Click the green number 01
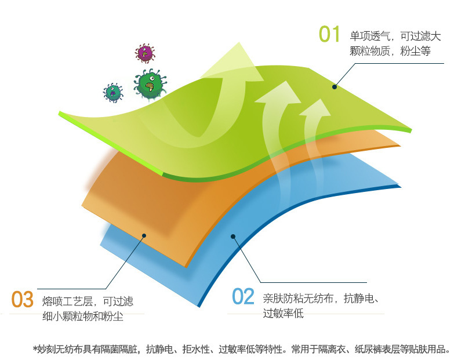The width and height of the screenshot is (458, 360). click(329, 34)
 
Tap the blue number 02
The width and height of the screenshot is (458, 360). click(243, 296)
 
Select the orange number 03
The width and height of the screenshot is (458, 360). click(23, 299)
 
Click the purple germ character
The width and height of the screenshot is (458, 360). click(145, 53)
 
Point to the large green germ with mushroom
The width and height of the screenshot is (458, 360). click(150, 84)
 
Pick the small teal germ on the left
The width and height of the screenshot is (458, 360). click(113, 93)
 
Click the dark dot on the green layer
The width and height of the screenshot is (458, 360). click(335, 87)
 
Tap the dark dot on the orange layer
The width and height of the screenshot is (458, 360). click(144, 235)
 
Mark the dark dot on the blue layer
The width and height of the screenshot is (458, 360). click(233, 237)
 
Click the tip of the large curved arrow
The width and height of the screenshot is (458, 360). click(239, 42)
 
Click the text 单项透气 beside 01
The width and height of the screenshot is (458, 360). click(370, 36)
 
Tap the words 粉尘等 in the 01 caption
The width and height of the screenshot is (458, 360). click(415, 51)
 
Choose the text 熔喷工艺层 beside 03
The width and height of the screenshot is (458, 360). click(67, 301)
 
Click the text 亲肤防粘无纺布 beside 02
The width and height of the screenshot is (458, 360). click(298, 299)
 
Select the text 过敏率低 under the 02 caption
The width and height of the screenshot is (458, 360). click(283, 313)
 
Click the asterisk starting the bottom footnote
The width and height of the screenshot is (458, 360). click(35, 348)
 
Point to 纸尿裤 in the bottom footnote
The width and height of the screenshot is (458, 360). click(368, 349)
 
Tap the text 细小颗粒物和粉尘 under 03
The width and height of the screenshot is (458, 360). click(83, 316)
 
